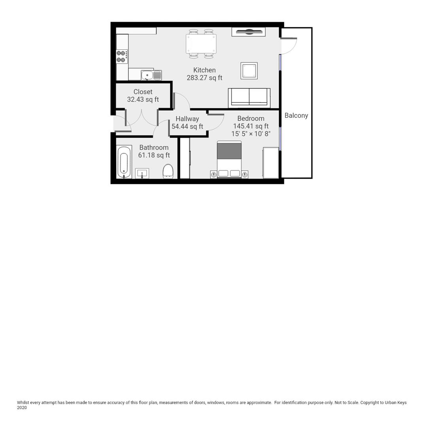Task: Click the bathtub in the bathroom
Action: pyautogui.click(x=124, y=162)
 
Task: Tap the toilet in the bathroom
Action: pyautogui.click(x=168, y=171)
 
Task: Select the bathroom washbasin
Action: pyautogui.click(x=142, y=173)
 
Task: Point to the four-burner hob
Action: pyautogui.click(x=122, y=57)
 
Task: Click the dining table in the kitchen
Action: pyautogui.click(x=201, y=43)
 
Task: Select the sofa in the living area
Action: pyautogui.click(x=249, y=97)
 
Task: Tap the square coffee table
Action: pyautogui.click(x=249, y=71)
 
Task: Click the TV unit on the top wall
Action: pyautogui.click(x=248, y=32)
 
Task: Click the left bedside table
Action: pyautogui.click(x=213, y=174)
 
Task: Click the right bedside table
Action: pyautogui.click(x=245, y=174)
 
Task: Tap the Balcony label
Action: pyautogui.click(x=296, y=115)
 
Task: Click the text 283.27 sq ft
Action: pyautogui.click(x=204, y=78)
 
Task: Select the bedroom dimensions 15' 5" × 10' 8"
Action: pyautogui.click(x=251, y=134)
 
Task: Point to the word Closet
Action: pyautogui.click(x=143, y=92)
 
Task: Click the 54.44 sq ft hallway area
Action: pyautogui.click(x=187, y=127)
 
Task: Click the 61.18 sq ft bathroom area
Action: pyautogui.click(x=154, y=155)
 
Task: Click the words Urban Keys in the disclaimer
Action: pyautogui.click(x=395, y=402)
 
